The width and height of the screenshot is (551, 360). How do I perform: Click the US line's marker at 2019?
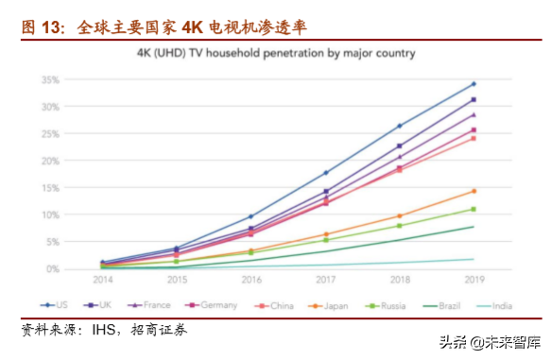[474, 84]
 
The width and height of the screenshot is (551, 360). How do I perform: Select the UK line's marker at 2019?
[474, 99]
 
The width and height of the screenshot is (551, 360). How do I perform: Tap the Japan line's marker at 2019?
[474, 191]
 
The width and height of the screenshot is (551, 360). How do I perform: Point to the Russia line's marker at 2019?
[474, 209]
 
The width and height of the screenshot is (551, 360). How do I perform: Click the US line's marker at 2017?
[325, 173]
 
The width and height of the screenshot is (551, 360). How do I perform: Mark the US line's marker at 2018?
[400, 126]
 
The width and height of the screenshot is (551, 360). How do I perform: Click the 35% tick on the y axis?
[76, 79]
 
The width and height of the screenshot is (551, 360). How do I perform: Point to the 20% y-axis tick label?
[76, 161]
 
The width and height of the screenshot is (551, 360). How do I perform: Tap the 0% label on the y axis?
[79, 269]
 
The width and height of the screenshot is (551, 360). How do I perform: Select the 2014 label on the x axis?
[102, 282]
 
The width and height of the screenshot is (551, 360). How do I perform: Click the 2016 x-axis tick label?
[250, 282]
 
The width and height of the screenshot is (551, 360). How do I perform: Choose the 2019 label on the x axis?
[474, 282]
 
